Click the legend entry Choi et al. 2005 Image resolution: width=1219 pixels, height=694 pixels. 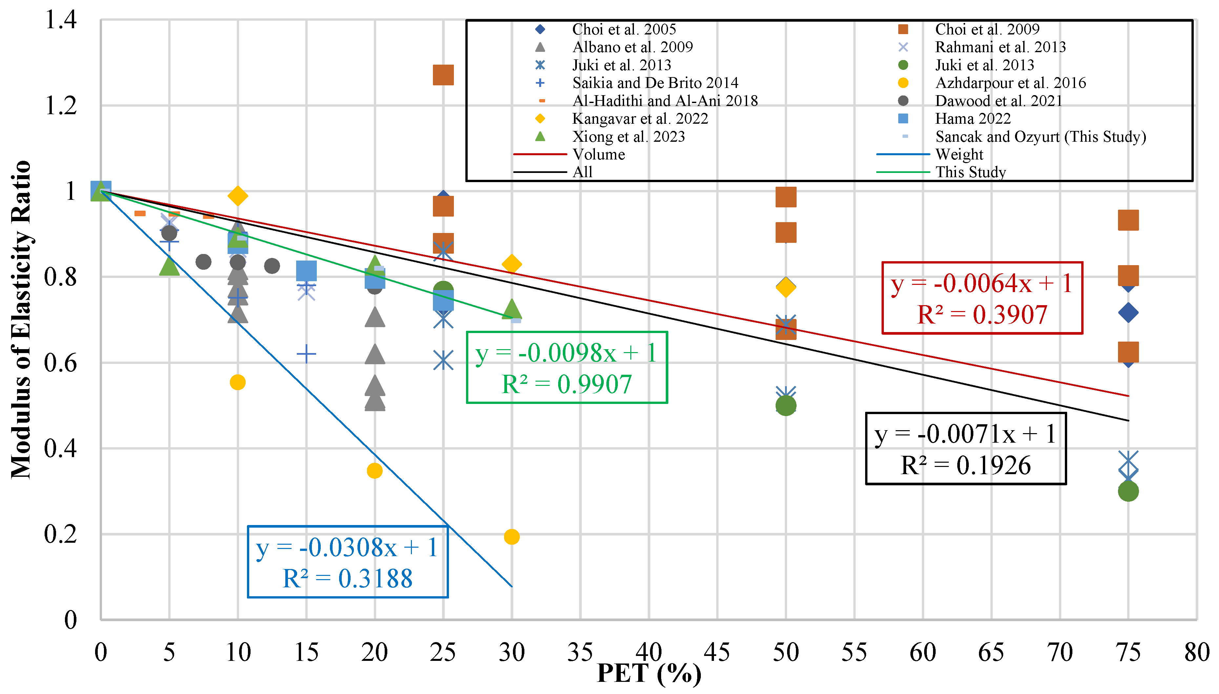[x=623, y=30]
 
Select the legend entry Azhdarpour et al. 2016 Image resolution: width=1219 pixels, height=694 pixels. [x=1010, y=83]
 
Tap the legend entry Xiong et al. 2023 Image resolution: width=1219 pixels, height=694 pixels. [x=628, y=137]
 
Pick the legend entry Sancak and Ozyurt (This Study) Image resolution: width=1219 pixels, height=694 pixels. [x=1040, y=137]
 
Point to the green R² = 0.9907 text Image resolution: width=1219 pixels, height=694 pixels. [x=566, y=384]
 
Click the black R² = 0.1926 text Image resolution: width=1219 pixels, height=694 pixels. [x=965, y=465]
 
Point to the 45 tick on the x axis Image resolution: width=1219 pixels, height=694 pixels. [x=717, y=652]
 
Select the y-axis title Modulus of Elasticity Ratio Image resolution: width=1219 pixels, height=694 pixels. [x=21, y=319]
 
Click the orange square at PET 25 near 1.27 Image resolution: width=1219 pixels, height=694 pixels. [x=443, y=75]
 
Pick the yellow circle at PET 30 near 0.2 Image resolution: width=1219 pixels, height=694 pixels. [x=512, y=537]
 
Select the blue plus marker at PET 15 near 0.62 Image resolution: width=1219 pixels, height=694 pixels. [x=306, y=354]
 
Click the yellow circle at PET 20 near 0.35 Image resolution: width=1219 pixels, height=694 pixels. [x=375, y=471]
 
